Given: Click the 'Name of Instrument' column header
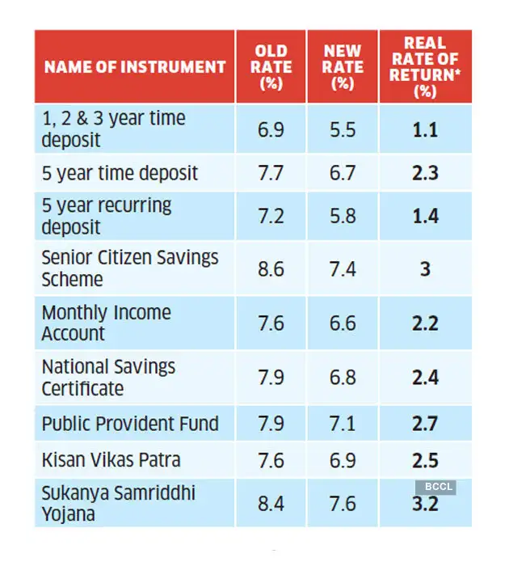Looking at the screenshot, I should click(x=134, y=66).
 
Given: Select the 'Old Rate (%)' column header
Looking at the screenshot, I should click(x=271, y=66).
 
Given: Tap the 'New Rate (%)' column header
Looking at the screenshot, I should click(x=343, y=66).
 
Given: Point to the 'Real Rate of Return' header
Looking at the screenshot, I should click(x=425, y=66).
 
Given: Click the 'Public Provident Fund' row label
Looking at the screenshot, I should click(x=130, y=424).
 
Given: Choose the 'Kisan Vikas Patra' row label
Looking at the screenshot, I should click(x=111, y=460).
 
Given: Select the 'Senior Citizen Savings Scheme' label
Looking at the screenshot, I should click(x=130, y=268).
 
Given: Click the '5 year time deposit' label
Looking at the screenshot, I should click(x=120, y=173).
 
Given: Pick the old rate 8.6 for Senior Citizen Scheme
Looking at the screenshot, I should click(x=271, y=268).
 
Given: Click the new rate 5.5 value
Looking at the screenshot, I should click(x=343, y=129).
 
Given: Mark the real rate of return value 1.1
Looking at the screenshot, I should click(x=425, y=129).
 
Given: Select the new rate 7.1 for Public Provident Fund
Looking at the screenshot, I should click(x=343, y=424).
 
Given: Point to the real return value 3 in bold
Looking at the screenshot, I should click(x=425, y=268).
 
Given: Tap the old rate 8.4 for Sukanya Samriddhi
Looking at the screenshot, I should click(x=271, y=504).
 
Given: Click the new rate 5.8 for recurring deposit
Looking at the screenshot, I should click(x=343, y=216).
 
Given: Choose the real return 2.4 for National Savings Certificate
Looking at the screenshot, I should click(x=425, y=378).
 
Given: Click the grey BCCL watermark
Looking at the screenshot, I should click(x=435, y=487).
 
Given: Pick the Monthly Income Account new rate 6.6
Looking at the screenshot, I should click(x=343, y=323).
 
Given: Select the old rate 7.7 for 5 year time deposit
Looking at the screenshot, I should click(x=271, y=173).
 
